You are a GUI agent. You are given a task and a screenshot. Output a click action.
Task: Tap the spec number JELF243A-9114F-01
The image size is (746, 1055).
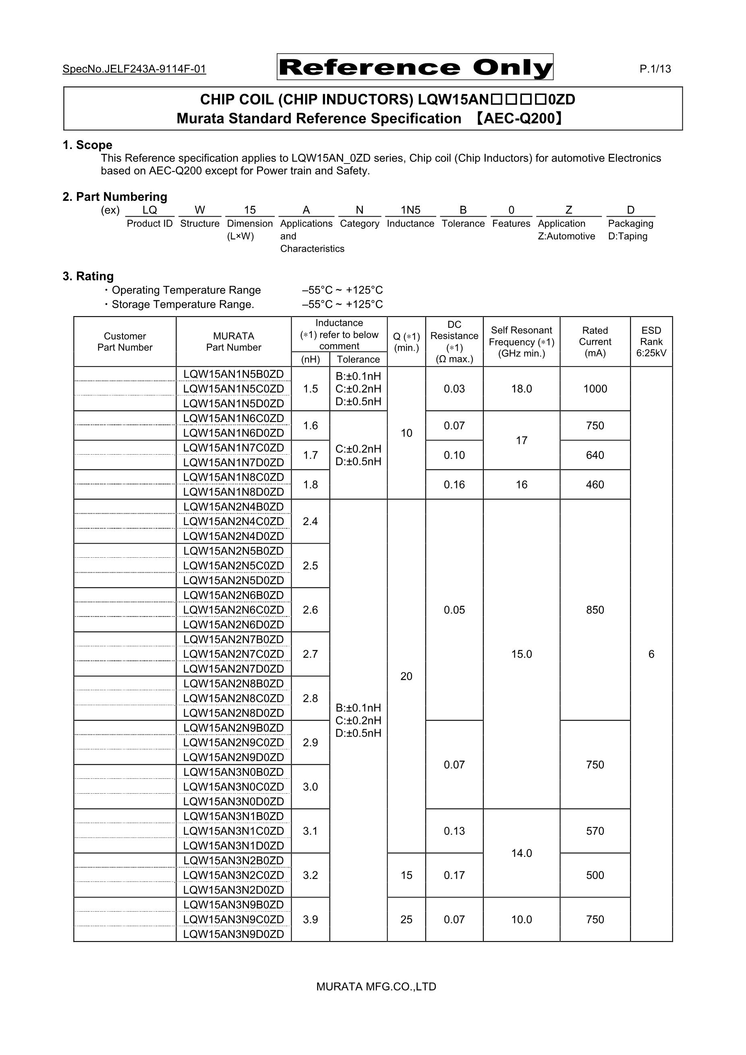[x=134, y=69]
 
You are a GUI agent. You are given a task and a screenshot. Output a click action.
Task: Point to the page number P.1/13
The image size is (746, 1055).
[x=655, y=69]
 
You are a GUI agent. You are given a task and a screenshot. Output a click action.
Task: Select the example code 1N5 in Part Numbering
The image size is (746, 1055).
[x=410, y=210]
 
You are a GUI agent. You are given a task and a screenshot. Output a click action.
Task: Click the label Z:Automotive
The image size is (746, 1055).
[x=566, y=236]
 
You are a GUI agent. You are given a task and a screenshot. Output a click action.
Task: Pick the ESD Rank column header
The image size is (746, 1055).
[x=651, y=341]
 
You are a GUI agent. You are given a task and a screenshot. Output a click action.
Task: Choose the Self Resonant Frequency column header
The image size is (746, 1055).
[x=521, y=341]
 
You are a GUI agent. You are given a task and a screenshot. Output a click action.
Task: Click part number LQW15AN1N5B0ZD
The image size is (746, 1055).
[x=234, y=374]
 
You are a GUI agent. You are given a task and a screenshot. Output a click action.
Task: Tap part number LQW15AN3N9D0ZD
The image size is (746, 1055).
[x=234, y=934]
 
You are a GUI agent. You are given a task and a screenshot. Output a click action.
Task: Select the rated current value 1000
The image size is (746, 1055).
[x=595, y=389]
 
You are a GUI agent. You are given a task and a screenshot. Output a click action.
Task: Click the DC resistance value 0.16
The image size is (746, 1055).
[x=454, y=484]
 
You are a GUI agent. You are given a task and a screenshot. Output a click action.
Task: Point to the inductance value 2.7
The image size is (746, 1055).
[x=310, y=654]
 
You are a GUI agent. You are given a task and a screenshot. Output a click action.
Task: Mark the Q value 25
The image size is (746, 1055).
[x=406, y=919]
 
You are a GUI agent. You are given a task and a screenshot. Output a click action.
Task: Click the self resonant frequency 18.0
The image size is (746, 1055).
[x=521, y=389]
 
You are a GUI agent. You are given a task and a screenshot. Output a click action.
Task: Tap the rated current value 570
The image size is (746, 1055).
[x=595, y=831]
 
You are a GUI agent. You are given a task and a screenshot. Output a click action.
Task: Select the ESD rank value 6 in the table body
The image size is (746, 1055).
[x=651, y=654]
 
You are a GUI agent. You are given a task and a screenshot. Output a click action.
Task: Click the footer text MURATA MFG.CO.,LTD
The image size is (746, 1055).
[x=376, y=987]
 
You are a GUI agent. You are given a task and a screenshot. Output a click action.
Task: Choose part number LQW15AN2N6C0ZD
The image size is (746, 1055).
[x=234, y=610]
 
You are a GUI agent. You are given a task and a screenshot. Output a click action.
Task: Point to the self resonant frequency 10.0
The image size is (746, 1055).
[x=521, y=919]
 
